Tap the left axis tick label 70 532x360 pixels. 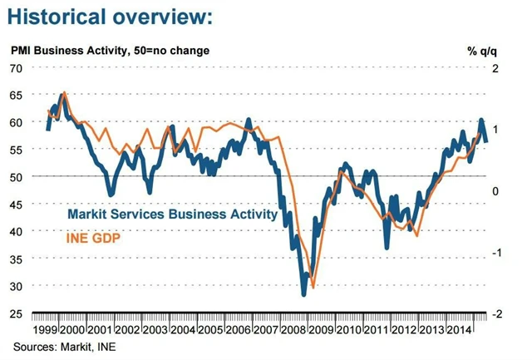pyautogui.click(x=16, y=67)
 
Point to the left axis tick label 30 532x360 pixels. pyautogui.click(x=16, y=286)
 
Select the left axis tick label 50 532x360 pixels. pyautogui.click(x=16, y=176)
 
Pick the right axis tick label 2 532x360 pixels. pyautogui.click(x=495, y=67)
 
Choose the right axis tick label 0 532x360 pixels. pyautogui.click(x=495, y=191)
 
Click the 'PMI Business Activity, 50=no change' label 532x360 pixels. pyautogui.click(x=110, y=50)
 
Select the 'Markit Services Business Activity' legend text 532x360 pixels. pyautogui.click(x=172, y=215)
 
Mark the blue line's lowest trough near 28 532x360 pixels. pyautogui.click(x=303, y=294)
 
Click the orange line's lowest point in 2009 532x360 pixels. pyautogui.click(x=312, y=287)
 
